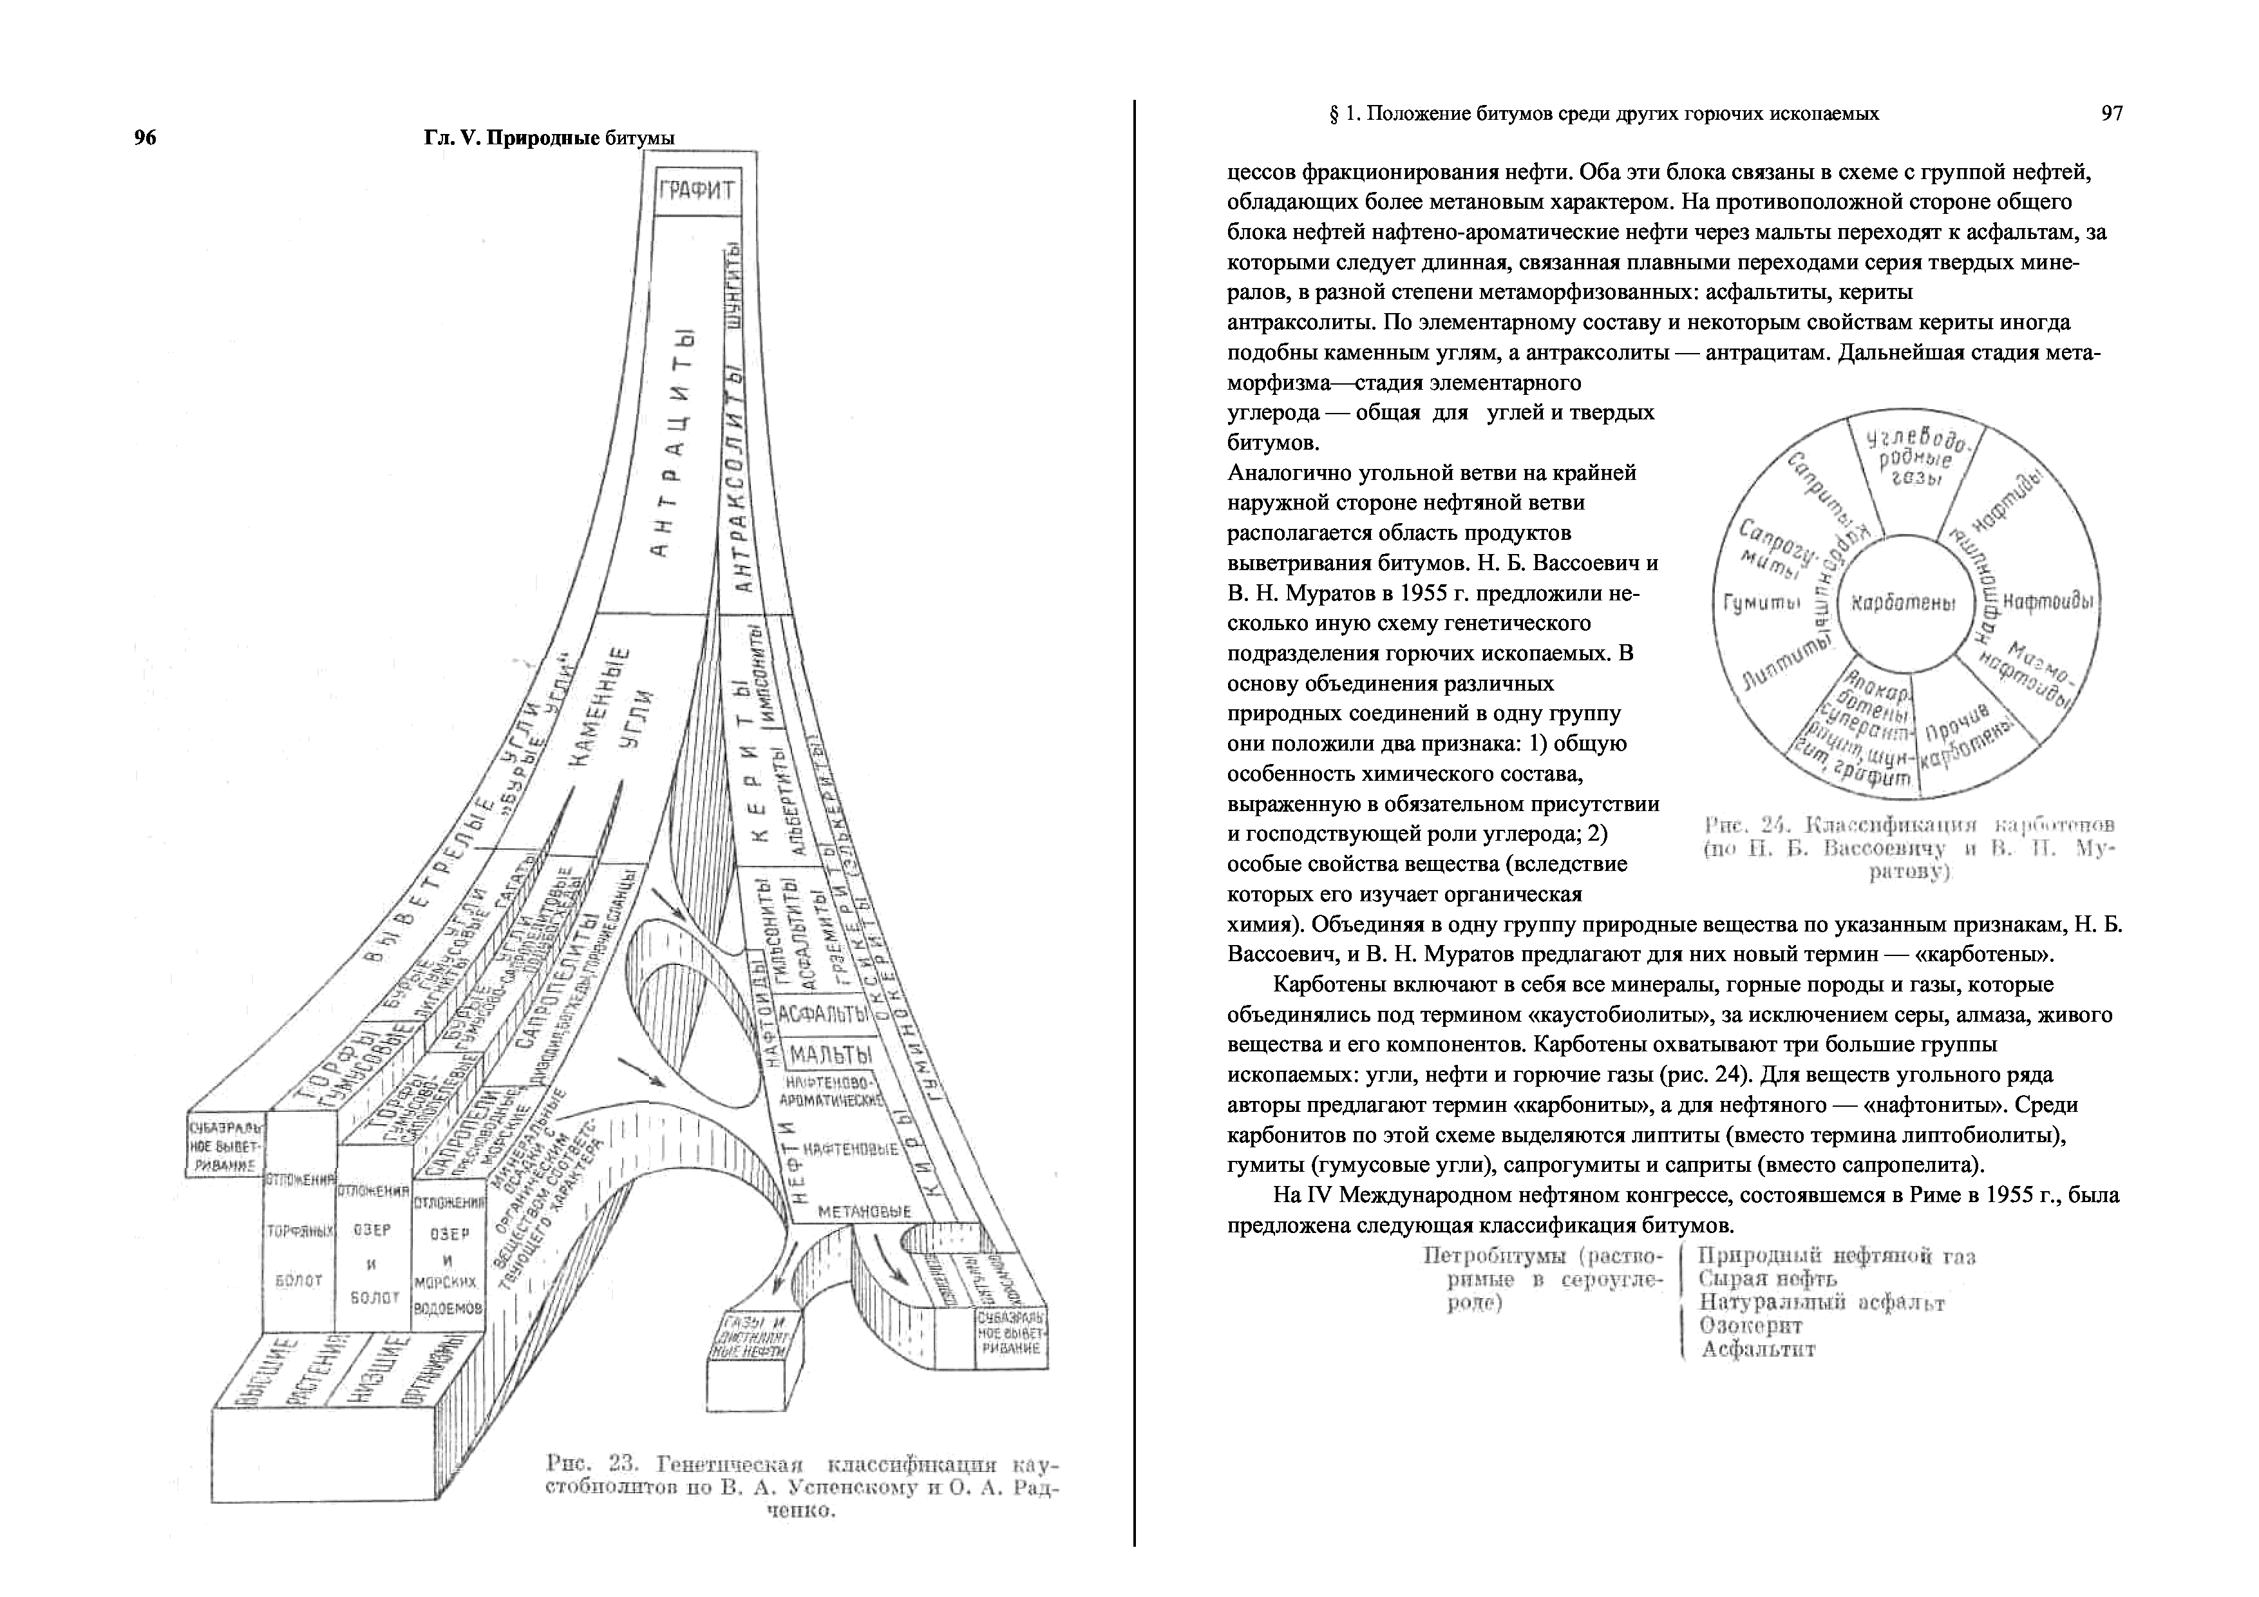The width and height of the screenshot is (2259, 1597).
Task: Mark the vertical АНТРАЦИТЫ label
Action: pos(677,443)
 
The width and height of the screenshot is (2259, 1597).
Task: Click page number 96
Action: pos(145,138)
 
